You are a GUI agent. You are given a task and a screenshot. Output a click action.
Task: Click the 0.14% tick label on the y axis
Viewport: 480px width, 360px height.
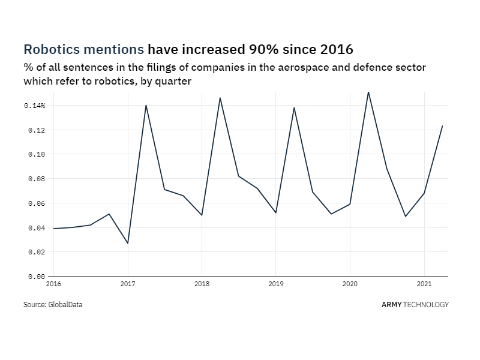coord(35,106)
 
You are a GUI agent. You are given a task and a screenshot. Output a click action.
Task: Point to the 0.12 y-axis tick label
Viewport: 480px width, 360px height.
coord(37,130)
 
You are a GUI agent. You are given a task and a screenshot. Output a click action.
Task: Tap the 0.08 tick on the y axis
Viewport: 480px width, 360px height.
coord(37,179)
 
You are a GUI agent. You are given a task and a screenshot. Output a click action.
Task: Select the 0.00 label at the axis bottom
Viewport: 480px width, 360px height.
coord(37,277)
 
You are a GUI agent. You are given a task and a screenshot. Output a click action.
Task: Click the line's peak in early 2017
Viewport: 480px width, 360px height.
coord(146,105)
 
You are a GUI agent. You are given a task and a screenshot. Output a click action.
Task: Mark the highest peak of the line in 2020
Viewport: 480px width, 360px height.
coord(368,92)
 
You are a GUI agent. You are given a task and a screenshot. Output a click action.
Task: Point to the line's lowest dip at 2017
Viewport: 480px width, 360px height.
coord(128,243)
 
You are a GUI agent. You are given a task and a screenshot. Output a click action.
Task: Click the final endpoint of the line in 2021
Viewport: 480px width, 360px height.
coord(442,126)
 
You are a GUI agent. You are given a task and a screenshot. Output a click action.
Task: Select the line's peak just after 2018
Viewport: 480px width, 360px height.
coord(220,97)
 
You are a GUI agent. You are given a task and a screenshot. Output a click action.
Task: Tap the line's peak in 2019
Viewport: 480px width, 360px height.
coord(294,107)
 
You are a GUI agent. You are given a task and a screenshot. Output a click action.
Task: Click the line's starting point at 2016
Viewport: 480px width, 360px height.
coord(53,229)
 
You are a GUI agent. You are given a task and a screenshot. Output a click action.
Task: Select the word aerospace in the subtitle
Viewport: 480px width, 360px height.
coord(259,68)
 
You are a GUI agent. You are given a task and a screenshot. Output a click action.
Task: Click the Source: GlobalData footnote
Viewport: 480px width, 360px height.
coord(53,305)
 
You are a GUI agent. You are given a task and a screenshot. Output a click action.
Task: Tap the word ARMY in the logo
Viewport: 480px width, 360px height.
coord(392,305)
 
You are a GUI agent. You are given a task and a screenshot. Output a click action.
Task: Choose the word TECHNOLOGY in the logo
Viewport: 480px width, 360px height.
coord(426,305)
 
